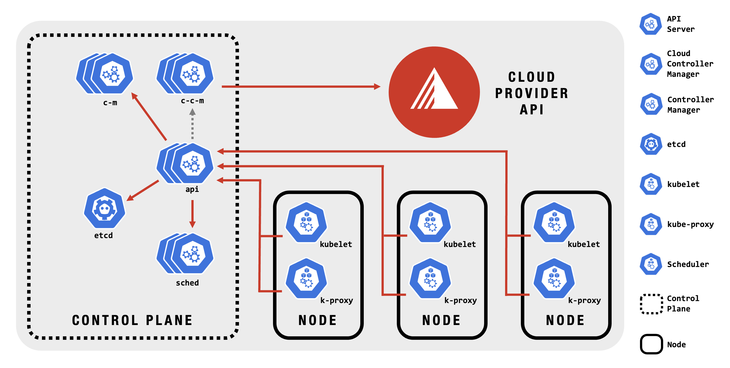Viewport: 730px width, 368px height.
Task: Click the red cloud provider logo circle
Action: [434, 92]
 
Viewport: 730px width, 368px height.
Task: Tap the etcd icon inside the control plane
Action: [105, 208]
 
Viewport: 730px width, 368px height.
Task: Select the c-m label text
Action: [110, 103]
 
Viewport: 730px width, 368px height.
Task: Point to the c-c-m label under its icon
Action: [192, 101]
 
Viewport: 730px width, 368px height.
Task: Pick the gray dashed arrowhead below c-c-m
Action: [192, 112]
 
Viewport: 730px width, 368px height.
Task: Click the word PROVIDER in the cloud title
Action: [532, 93]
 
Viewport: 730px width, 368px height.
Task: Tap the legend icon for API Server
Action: [651, 24]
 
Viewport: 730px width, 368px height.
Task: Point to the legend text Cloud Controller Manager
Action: [690, 64]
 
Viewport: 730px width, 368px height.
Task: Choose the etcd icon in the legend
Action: [651, 144]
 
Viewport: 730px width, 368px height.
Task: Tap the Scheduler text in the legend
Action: [688, 265]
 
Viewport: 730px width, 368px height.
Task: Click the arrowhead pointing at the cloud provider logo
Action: [377, 86]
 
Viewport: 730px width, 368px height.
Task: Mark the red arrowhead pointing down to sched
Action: [192, 224]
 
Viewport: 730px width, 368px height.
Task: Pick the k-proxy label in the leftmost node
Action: [336, 301]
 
